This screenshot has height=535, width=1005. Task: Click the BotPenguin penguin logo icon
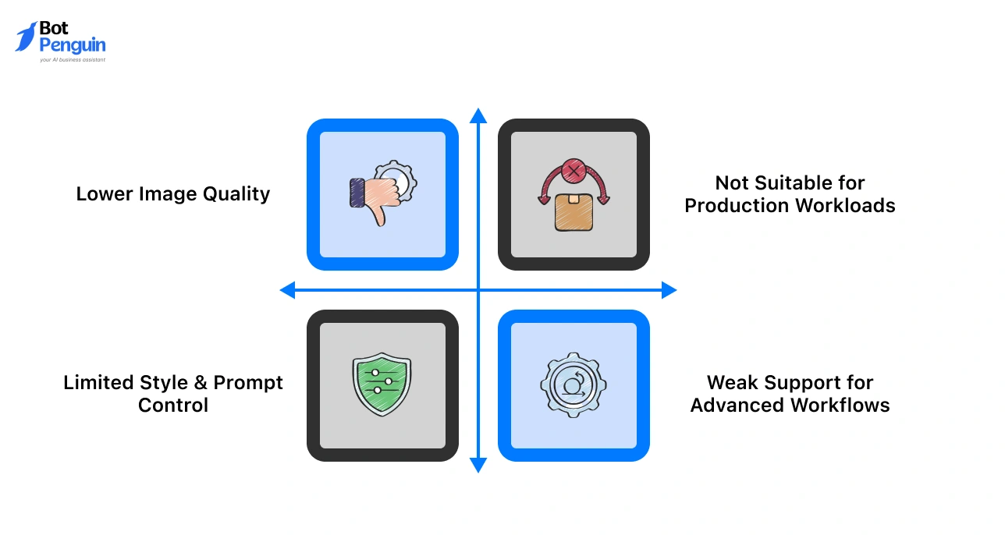click(x=26, y=37)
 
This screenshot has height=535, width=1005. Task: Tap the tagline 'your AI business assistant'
click(x=73, y=59)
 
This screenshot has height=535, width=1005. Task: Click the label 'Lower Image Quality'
click(x=173, y=194)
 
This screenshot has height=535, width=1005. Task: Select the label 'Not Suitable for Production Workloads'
click(x=790, y=194)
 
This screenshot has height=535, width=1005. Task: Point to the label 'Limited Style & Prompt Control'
click(x=173, y=394)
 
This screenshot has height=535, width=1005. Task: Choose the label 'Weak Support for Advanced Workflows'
click(x=790, y=394)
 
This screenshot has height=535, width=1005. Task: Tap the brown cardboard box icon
click(x=574, y=213)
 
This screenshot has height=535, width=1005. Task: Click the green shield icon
click(x=382, y=385)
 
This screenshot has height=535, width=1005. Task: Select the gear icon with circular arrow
click(x=574, y=385)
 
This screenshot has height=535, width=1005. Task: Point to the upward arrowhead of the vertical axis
click(x=478, y=116)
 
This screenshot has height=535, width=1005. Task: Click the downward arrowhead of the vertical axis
click(x=478, y=466)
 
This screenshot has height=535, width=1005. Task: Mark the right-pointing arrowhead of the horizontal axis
click(x=669, y=291)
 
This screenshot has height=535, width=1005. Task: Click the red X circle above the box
click(x=574, y=169)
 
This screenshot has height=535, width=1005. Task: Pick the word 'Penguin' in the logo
click(x=73, y=45)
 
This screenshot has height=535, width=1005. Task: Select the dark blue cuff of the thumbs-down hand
click(x=357, y=192)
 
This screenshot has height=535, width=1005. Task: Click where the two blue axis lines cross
click(x=478, y=291)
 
